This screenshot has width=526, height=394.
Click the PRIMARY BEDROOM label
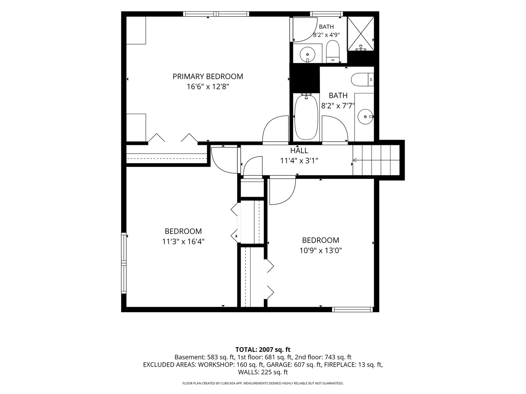208,77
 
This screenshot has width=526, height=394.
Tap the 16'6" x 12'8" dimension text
208,86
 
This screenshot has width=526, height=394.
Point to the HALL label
299,151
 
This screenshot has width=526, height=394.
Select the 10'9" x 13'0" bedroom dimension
321,251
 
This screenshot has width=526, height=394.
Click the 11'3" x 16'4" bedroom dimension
183,242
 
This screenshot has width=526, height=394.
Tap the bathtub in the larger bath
306,117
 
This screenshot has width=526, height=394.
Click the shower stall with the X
361,34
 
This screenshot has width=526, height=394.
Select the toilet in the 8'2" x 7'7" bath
362,80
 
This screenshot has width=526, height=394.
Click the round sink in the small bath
308,55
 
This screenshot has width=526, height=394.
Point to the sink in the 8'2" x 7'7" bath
365,117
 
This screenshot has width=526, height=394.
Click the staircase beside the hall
376,160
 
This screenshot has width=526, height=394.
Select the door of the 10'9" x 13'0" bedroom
283,192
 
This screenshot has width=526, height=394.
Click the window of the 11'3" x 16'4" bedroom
124,263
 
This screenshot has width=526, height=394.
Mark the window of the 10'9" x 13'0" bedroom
352,310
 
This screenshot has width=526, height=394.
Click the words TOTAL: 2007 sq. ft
263,350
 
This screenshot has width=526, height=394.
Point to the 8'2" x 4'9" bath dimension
327,35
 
